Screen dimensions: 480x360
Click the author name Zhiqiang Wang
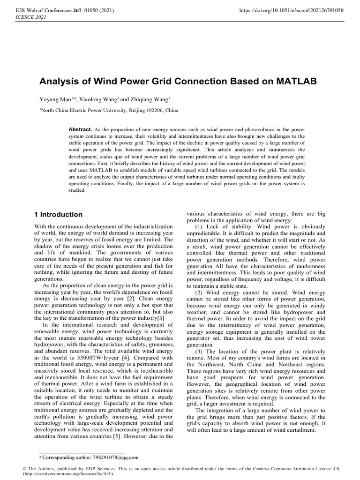[150, 100]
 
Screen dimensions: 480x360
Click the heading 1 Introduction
[59, 214]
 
